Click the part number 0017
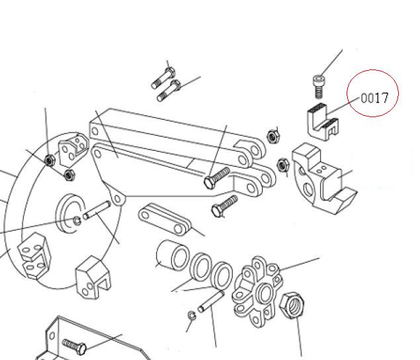(374, 99)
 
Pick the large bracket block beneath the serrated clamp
(321, 178)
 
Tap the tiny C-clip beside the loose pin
(192, 314)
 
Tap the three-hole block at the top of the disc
(71, 150)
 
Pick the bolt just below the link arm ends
(224, 206)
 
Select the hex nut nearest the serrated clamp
(272, 137)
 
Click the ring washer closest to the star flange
(221, 273)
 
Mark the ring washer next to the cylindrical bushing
(199, 268)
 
